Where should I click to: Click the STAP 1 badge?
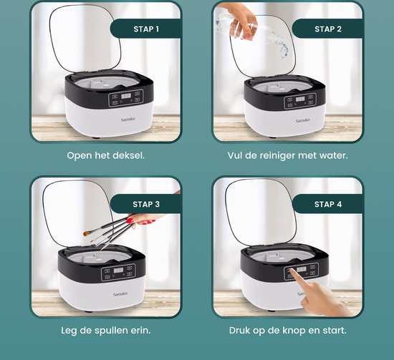(145, 29)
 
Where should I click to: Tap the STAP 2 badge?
(327, 29)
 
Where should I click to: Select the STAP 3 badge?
(145, 204)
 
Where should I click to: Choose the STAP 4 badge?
(327, 204)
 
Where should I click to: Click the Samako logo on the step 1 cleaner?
(128, 120)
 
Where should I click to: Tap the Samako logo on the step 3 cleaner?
(120, 294)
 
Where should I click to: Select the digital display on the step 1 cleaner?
(126, 96)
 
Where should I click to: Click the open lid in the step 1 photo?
(85, 38)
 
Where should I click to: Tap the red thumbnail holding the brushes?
(130, 220)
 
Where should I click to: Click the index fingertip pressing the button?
(291, 271)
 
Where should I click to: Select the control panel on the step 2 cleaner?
(300, 101)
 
